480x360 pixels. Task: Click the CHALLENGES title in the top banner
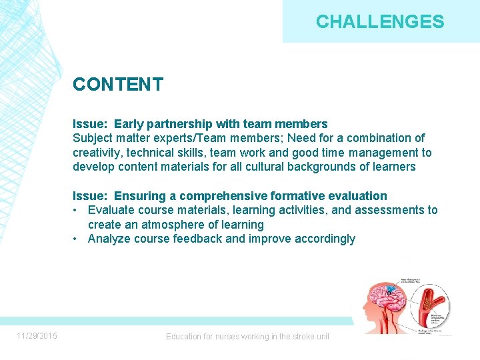[380, 22]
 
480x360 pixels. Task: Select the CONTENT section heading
[118, 84]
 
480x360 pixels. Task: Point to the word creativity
[96, 153]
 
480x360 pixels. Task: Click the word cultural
[262, 167]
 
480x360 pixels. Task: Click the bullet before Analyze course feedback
[77, 239]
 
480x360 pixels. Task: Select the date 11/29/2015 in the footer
[37, 336]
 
